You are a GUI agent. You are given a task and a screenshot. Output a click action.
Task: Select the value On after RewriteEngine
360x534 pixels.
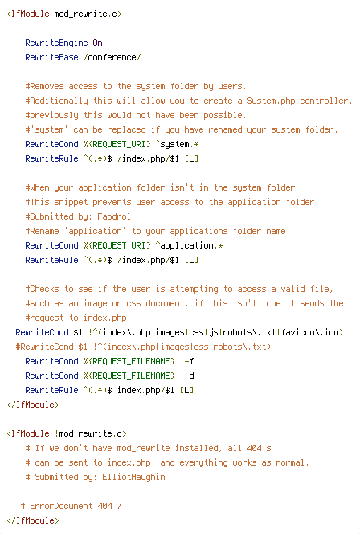pyautogui.click(x=98, y=43)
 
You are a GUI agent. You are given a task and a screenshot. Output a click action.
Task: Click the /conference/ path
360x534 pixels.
pyautogui.click(x=112, y=57)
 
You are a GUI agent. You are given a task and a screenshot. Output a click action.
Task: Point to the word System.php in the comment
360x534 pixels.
pyautogui.click(x=271, y=101)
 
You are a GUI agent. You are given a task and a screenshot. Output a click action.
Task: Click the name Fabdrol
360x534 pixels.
pyautogui.click(x=114, y=216)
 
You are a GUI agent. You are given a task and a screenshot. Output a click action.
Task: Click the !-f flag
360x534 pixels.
pyautogui.click(x=186, y=361)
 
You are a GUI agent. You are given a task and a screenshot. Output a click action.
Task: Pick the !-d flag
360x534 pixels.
pyautogui.click(x=186, y=376)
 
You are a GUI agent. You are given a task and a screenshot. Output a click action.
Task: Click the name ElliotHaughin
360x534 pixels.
pyautogui.click(x=133, y=477)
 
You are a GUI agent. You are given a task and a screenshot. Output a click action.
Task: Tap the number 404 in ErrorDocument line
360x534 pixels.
pyautogui.click(x=104, y=506)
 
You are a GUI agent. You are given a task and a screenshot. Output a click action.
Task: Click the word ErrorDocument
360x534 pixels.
pyautogui.click(x=61, y=506)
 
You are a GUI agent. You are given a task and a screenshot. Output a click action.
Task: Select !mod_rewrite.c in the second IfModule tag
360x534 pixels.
pyautogui.click(x=88, y=434)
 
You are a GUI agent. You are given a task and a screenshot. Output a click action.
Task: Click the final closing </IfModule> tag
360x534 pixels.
pyautogui.click(x=33, y=520)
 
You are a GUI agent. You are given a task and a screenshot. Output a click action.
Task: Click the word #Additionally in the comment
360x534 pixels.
pyautogui.click(x=56, y=101)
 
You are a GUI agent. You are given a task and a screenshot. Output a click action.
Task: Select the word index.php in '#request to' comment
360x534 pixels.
pyautogui.click(x=105, y=318)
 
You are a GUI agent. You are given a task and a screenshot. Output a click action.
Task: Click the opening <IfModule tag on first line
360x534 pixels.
pyautogui.click(x=28, y=14)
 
